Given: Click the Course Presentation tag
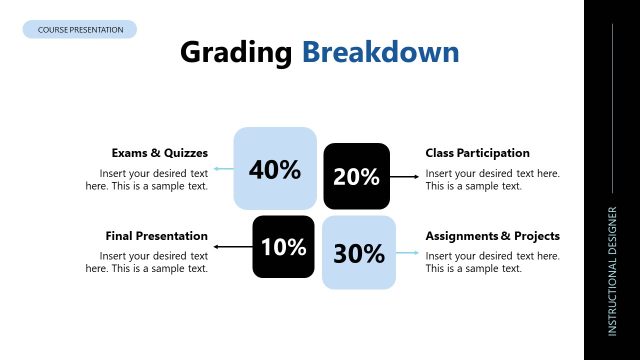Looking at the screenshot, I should pyautogui.click(x=80, y=30).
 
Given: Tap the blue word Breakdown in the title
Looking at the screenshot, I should pyautogui.click(x=381, y=53).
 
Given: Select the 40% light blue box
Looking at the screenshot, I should pyautogui.click(x=275, y=168).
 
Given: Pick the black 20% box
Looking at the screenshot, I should pyautogui.click(x=356, y=177).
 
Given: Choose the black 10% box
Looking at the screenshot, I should pyautogui.click(x=283, y=247).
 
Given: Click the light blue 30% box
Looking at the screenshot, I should pyautogui.click(x=359, y=253).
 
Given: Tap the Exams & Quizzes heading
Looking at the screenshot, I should pyautogui.click(x=160, y=153).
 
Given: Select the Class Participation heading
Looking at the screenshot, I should pyautogui.click(x=477, y=153).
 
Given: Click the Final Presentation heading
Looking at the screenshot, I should pyautogui.click(x=157, y=236).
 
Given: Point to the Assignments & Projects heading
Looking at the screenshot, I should pyautogui.click(x=492, y=236).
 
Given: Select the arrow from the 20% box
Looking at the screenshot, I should pyautogui.click(x=404, y=177).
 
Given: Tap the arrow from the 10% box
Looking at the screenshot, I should pyautogui.click(x=233, y=245).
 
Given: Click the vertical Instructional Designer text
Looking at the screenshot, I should pyautogui.click(x=612, y=271).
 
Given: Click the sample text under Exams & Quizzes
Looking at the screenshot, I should pyautogui.click(x=147, y=180).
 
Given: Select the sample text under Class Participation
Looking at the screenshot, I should pyautogui.click(x=492, y=180).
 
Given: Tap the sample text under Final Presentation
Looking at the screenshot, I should pyautogui.click(x=147, y=262).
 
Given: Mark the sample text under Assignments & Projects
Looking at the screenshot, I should pyautogui.click(x=492, y=262).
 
